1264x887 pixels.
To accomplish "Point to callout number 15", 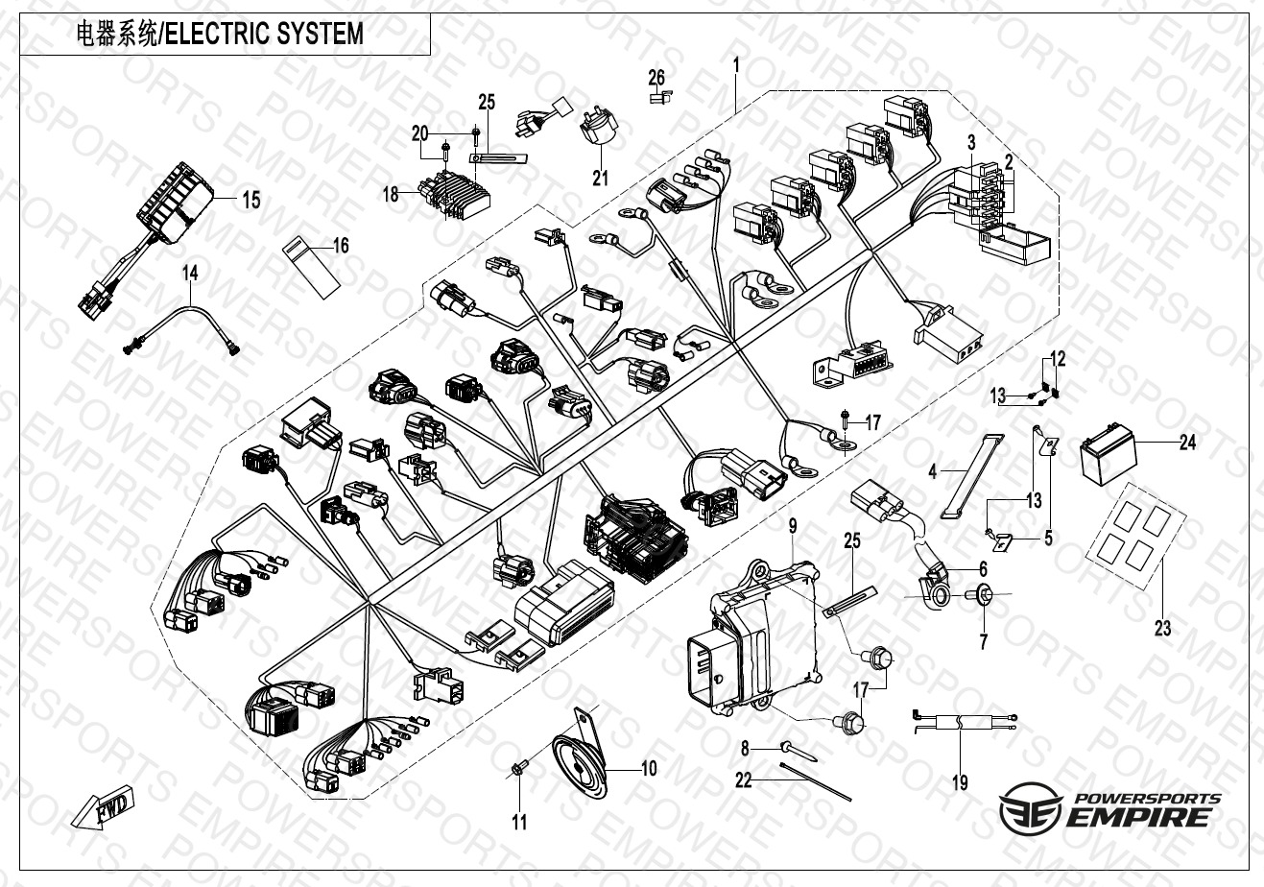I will coord(250,201).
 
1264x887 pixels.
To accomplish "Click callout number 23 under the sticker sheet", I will coord(1162,630).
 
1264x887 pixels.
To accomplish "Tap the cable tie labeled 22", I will coord(816,779).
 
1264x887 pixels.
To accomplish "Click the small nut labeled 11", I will coord(518,767).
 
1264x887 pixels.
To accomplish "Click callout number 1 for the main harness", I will coord(735,66).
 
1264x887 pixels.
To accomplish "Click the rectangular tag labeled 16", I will coord(311,266).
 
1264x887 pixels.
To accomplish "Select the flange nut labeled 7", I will coord(983,595).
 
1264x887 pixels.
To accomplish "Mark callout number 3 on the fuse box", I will coord(971,141).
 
